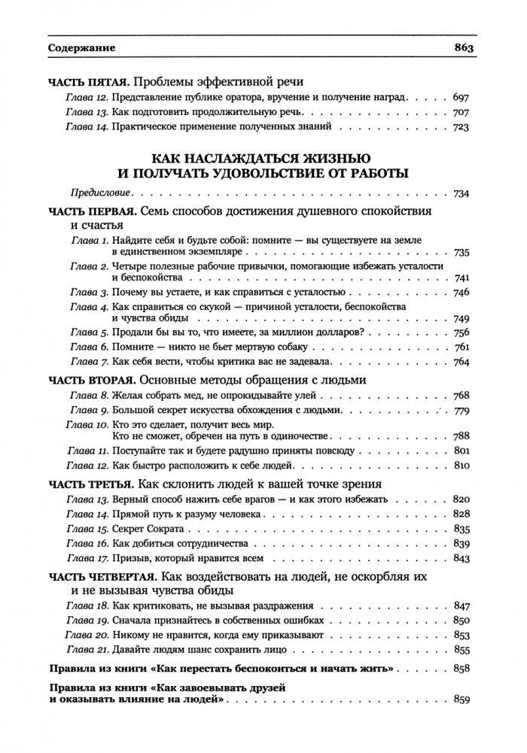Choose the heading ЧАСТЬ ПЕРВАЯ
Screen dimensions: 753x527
pos(90,210)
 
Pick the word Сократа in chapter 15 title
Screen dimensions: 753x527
pos(163,529)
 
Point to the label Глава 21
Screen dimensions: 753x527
pos(88,649)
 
